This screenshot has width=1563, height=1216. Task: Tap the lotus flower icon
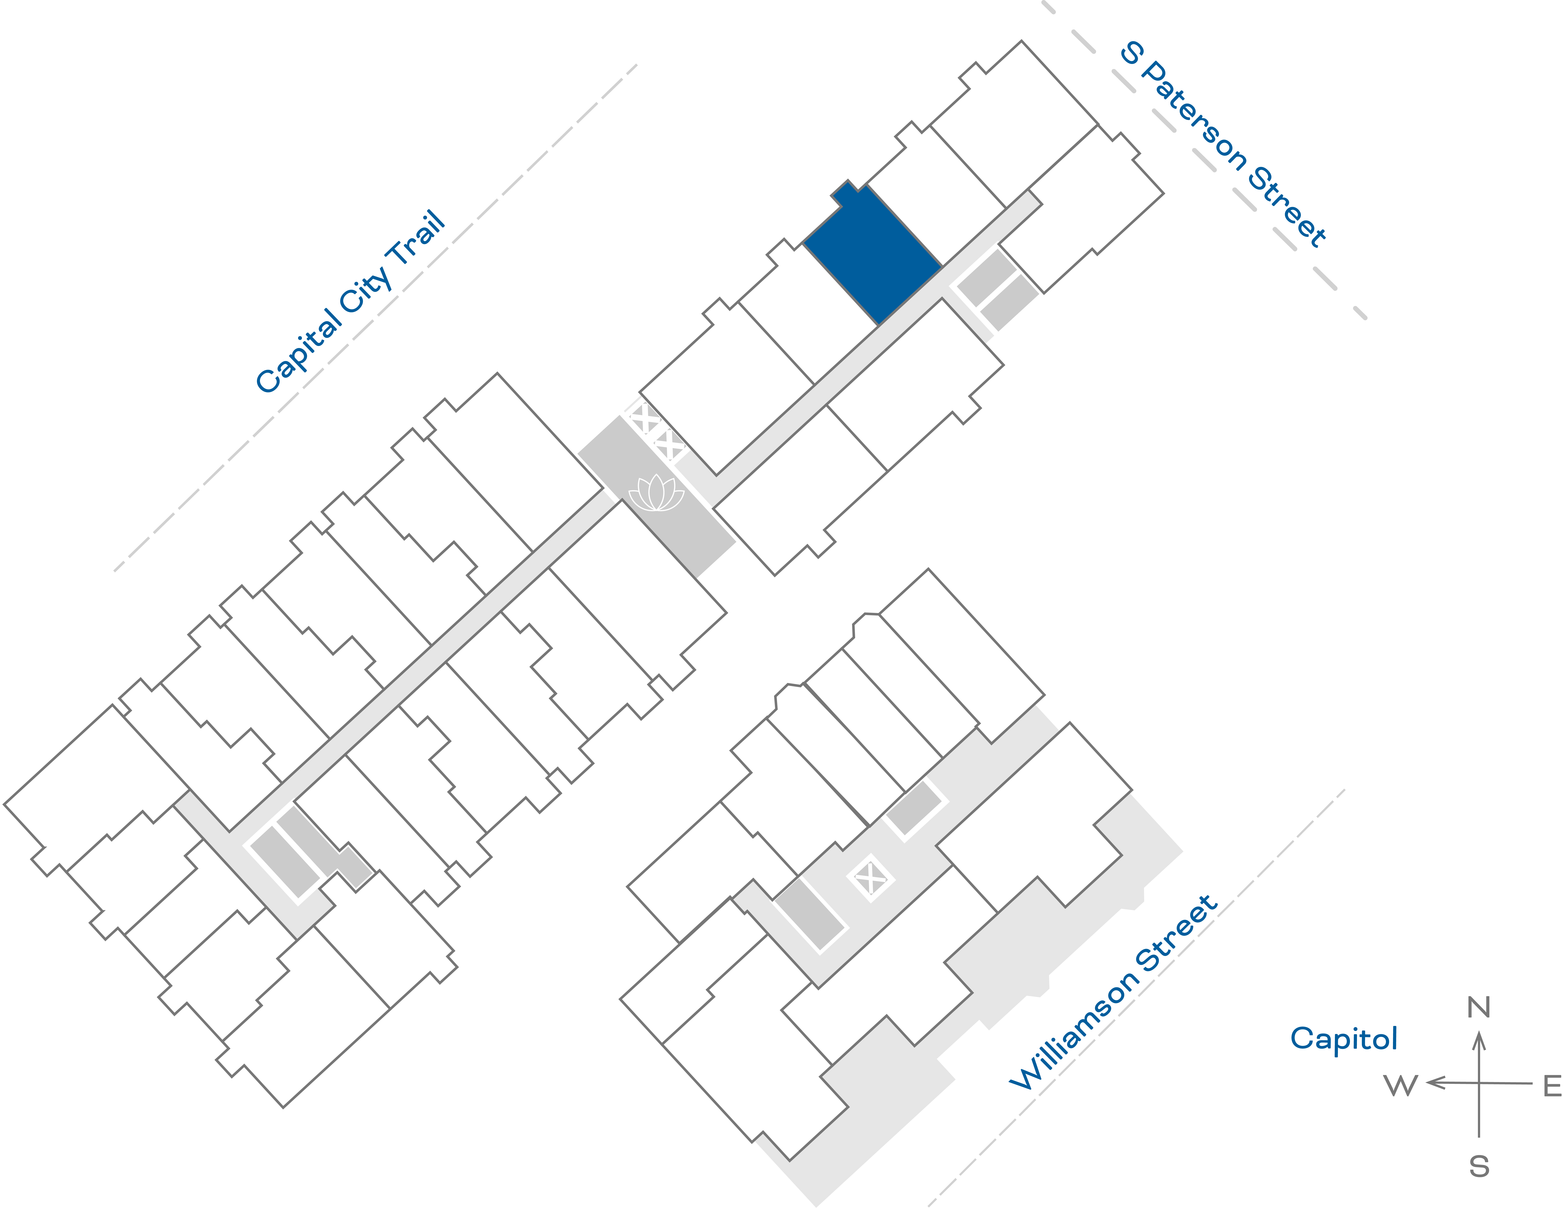(656, 494)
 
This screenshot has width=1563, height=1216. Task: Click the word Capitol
(1343, 1038)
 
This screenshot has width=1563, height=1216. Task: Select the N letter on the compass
(1479, 1008)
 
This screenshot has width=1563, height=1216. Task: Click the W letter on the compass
(1400, 1086)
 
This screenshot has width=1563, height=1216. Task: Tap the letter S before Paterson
(1132, 53)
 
